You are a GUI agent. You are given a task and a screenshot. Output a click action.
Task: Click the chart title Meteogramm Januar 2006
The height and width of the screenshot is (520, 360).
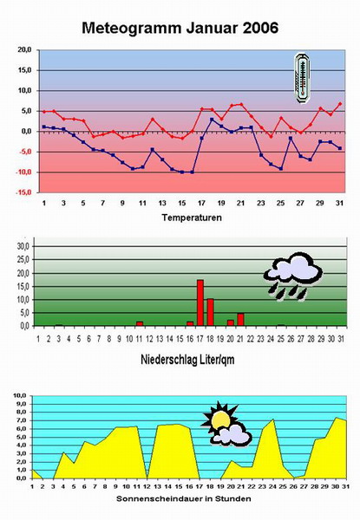tap(180, 29)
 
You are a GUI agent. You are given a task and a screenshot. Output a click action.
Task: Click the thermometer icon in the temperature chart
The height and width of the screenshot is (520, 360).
tap(302, 78)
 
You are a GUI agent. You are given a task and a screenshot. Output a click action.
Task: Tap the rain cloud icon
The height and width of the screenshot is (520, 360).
tap(293, 276)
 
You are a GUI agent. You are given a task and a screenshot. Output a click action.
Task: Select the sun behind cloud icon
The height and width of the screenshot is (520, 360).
tap(226, 424)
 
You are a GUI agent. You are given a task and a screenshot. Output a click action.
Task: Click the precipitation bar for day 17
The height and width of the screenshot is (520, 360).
tap(200, 302)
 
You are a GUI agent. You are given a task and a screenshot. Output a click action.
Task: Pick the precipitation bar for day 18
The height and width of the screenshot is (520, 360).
tap(210, 312)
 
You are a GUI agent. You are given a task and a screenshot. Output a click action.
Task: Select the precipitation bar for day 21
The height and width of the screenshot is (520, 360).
tap(240, 320)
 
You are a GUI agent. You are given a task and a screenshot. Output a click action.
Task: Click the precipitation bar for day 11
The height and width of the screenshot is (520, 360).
tap(140, 323)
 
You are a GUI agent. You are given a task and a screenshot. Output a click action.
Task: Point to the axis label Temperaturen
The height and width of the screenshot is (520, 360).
tap(192, 218)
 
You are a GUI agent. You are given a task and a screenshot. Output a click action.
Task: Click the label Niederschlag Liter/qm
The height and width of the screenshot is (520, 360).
tap(187, 360)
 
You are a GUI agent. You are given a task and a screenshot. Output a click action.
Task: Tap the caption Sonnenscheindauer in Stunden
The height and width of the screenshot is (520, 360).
tap(184, 499)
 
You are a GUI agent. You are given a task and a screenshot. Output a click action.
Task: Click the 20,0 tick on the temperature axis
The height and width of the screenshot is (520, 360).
tap(24, 49)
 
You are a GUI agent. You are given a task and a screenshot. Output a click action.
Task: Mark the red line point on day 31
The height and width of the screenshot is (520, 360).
tap(340, 104)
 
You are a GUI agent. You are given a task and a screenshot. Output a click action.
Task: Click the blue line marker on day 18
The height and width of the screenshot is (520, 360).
tap(212, 120)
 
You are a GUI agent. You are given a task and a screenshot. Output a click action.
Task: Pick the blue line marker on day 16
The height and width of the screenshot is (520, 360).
tap(192, 172)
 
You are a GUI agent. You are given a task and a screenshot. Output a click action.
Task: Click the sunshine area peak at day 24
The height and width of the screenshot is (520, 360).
tap(273, 419)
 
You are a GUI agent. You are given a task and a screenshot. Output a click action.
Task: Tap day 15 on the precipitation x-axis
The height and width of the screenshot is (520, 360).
tap(180, 339)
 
